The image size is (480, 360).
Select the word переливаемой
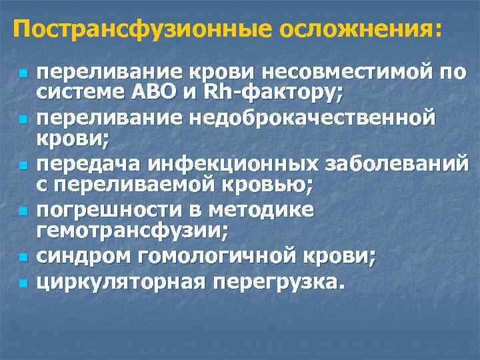pyautogui.click(x=153, y=185)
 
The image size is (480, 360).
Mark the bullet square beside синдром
pyautogui.click(x=22, y=257)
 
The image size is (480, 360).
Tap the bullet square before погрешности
pyautogui.click(x=22, y=211)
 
